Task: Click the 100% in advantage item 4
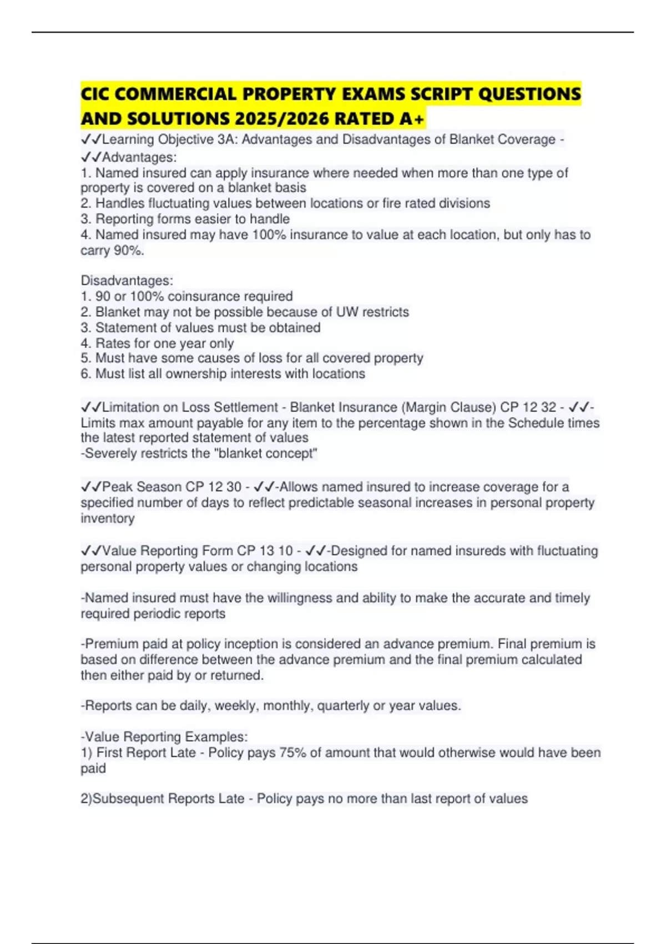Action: pos(269,235)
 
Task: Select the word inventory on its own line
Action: pos(108,518)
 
